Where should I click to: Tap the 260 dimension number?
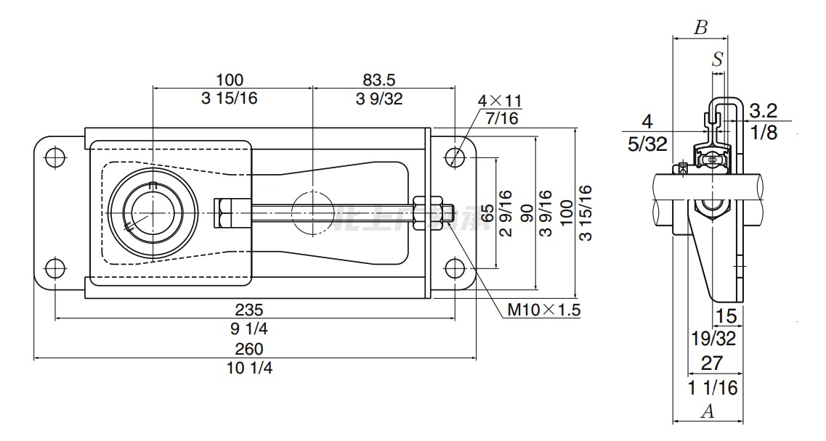point(249,349)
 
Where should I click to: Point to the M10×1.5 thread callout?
point(543,310)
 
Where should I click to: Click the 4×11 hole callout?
point(500,101)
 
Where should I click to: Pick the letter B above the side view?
point(700,28)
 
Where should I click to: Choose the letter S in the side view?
point(718,59)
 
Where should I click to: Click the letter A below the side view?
point(706,412)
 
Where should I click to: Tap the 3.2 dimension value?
point(763,110)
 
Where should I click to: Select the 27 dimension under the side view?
point(711,363)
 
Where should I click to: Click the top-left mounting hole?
point(54,157)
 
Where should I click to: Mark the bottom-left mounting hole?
point(54,268)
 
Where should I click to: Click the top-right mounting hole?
point(455,156)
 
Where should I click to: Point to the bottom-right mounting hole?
point(455,268)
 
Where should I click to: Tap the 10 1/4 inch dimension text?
point(249,368)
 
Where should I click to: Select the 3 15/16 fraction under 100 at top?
point(230,99)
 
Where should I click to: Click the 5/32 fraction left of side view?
point(647,144)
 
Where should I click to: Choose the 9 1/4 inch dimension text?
point(249,329)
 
